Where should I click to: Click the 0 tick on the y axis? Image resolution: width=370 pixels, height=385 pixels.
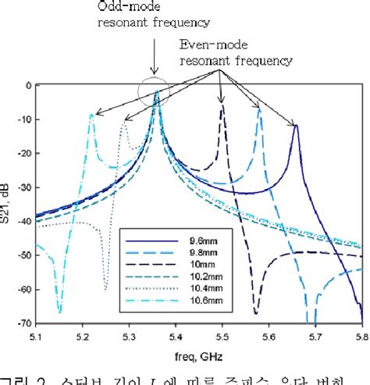click(x=27, y=85)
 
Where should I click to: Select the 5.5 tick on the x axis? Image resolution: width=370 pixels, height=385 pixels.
click(x=223, y=333)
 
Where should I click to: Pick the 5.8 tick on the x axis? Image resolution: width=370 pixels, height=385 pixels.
click(x=361, y=333)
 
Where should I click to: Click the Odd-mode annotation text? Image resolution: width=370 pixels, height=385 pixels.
click(x=141, y=15)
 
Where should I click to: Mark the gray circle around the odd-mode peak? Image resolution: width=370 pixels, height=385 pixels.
click(x=153, y=91)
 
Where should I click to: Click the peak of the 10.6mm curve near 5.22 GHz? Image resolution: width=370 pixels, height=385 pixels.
click(x=92, y=115)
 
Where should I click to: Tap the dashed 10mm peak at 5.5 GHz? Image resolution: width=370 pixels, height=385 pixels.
click(x=222, y=105)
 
